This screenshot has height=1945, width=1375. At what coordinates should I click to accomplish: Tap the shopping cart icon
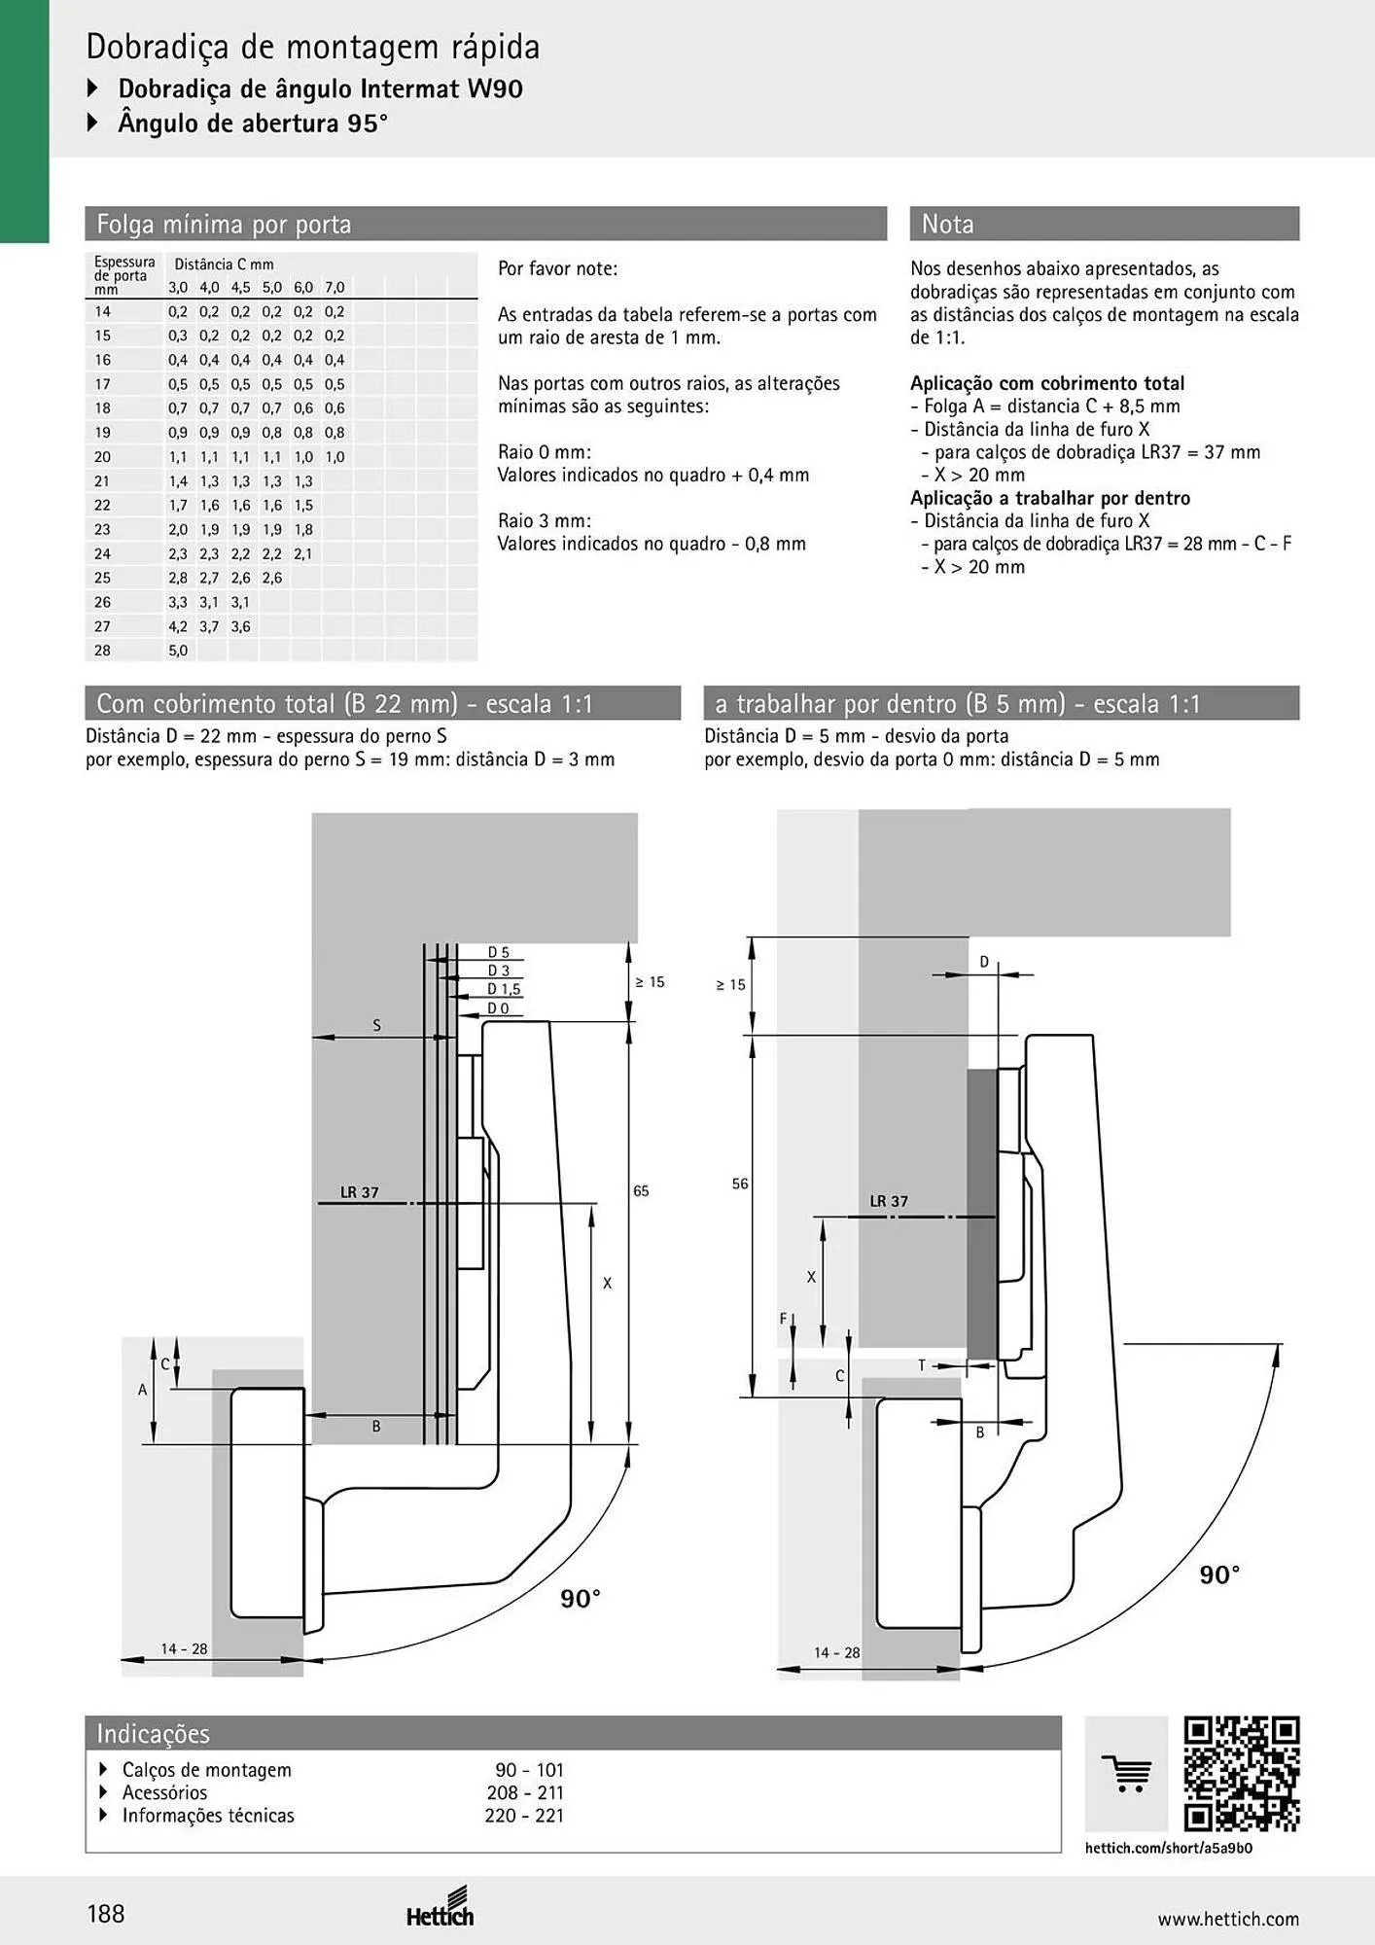click(1126, 1774)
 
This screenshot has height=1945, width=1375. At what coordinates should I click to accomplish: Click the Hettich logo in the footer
click(441, 1907)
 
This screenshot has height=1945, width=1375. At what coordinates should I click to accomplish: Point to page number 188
click(106, 1914)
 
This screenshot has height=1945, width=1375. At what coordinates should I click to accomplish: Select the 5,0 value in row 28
click(178, 651)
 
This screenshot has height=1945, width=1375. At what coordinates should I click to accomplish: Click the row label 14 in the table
click(103, 311)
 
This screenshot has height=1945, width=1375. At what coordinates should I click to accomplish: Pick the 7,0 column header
click(335, 287)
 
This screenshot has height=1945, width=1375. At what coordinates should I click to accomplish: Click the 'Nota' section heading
click(947, 224)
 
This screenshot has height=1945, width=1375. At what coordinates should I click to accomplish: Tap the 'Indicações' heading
click(153, 1733)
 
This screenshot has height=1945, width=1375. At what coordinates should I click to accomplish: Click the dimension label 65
click(641, 1190)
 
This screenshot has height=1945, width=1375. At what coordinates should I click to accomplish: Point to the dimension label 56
click(740, 1184)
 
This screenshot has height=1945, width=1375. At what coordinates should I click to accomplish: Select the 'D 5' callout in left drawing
click(498, 953)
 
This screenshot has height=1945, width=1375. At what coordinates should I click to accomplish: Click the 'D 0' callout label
click(498, 1008)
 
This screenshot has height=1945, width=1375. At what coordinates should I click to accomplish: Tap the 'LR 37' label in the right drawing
click(889, 1201)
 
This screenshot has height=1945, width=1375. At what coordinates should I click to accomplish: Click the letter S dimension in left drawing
click(377, 1025)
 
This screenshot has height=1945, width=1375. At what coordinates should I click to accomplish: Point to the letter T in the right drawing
click(922, 1365)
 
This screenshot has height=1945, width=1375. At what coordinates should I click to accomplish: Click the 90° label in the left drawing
click(581, 1598)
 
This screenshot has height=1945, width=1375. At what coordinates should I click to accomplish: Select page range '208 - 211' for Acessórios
click(525, 1792)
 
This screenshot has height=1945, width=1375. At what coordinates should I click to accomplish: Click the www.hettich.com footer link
click(1228, 1919)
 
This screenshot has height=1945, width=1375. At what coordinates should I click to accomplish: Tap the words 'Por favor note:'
click(557, 268)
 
